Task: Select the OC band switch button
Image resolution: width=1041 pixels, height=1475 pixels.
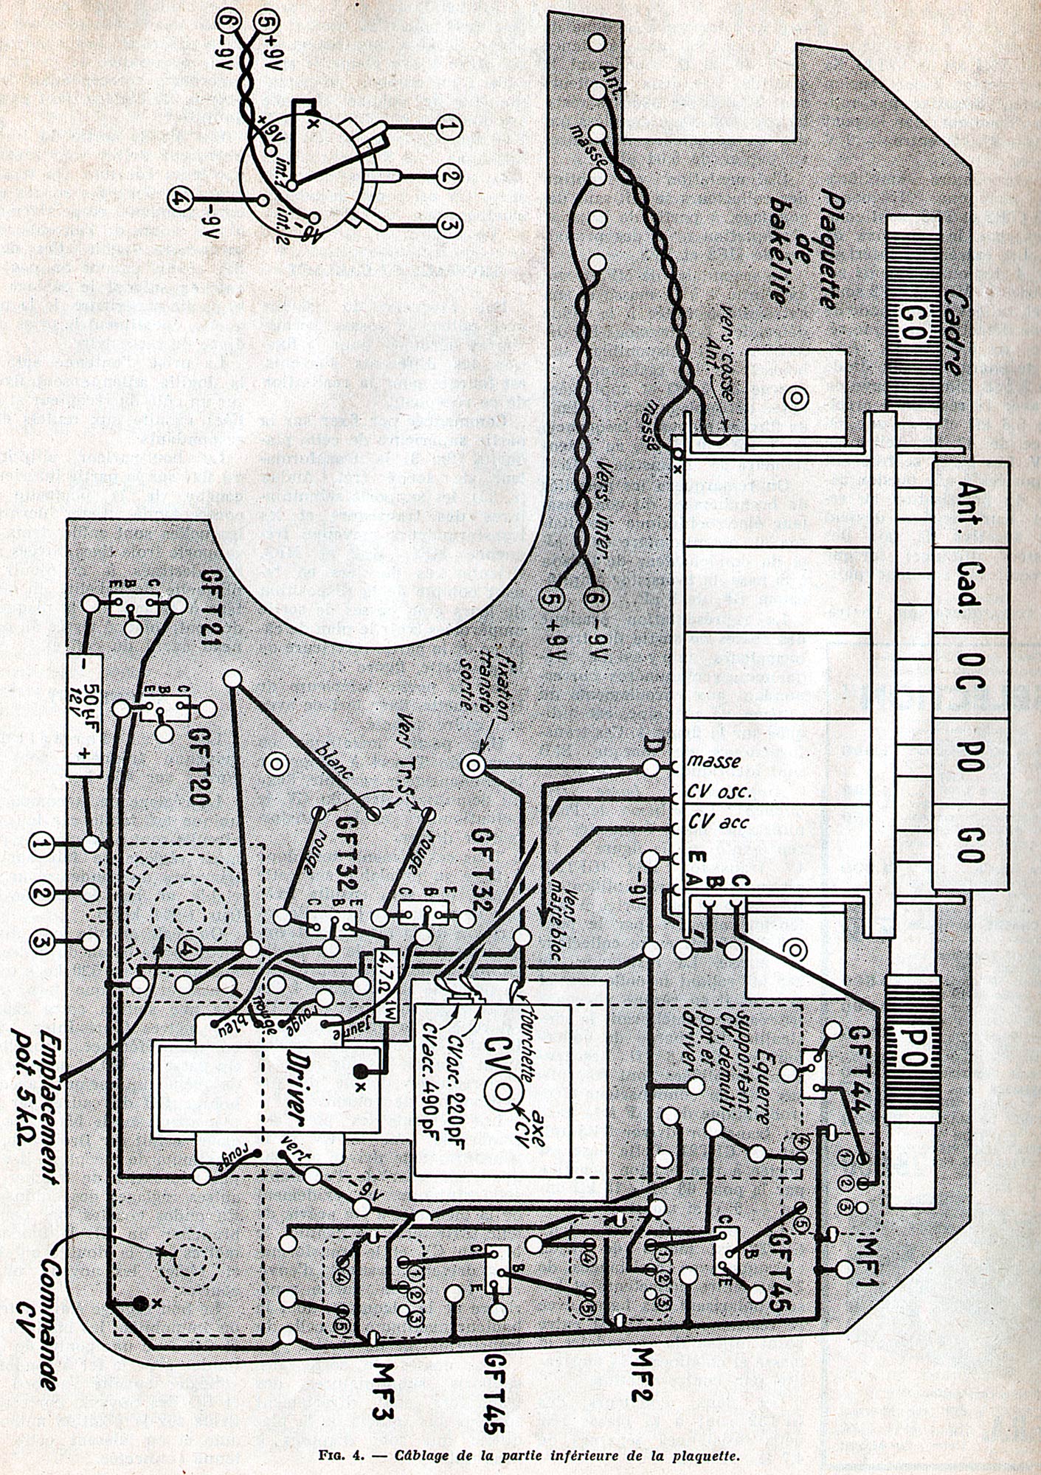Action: click(x=969, y=671)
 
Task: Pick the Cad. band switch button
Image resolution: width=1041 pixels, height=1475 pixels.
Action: click(x=969, y=583)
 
